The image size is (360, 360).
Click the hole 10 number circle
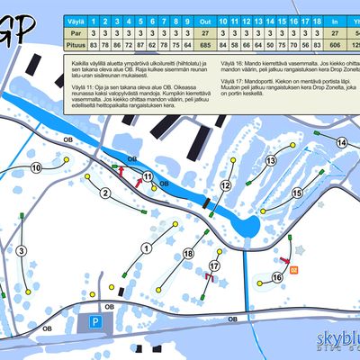pyautogui.click(x=36, y=167)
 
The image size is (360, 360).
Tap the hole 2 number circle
pyautogui.click(x=105, y=193)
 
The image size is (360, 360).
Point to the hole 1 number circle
pyautogui.click(x=145, y=237)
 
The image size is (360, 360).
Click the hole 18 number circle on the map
pyautogui.click(x=188, y=254)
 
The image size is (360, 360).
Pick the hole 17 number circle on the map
pyautogui.click(x=214, y=266)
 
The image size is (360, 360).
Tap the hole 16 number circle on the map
pyautogui.click(x=277, y=277)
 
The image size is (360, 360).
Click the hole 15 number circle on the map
pyautogui.click(x=297, y=193)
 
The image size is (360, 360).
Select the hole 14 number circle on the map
pyautogui.click(x=341, y=142)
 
